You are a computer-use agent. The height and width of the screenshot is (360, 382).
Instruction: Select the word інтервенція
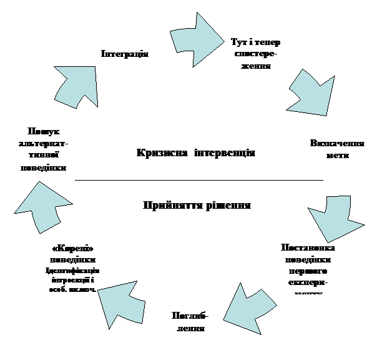[x=225, y=153]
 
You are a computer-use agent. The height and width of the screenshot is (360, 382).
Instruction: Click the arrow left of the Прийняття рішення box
[x=41, y=204]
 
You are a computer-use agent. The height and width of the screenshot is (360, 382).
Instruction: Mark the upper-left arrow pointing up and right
[x=76, y=84]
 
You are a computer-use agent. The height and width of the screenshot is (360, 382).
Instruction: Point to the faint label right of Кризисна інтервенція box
[x=338, y=149]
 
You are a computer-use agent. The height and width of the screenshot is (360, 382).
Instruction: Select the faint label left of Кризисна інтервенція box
[x=46, y=150]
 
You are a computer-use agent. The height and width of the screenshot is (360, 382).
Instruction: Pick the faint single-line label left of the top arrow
[x=124, y=54]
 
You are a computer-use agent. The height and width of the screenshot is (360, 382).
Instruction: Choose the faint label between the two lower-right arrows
[x=307, y=266]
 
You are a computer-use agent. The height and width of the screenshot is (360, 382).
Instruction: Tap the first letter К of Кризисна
[x=140, y=153]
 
